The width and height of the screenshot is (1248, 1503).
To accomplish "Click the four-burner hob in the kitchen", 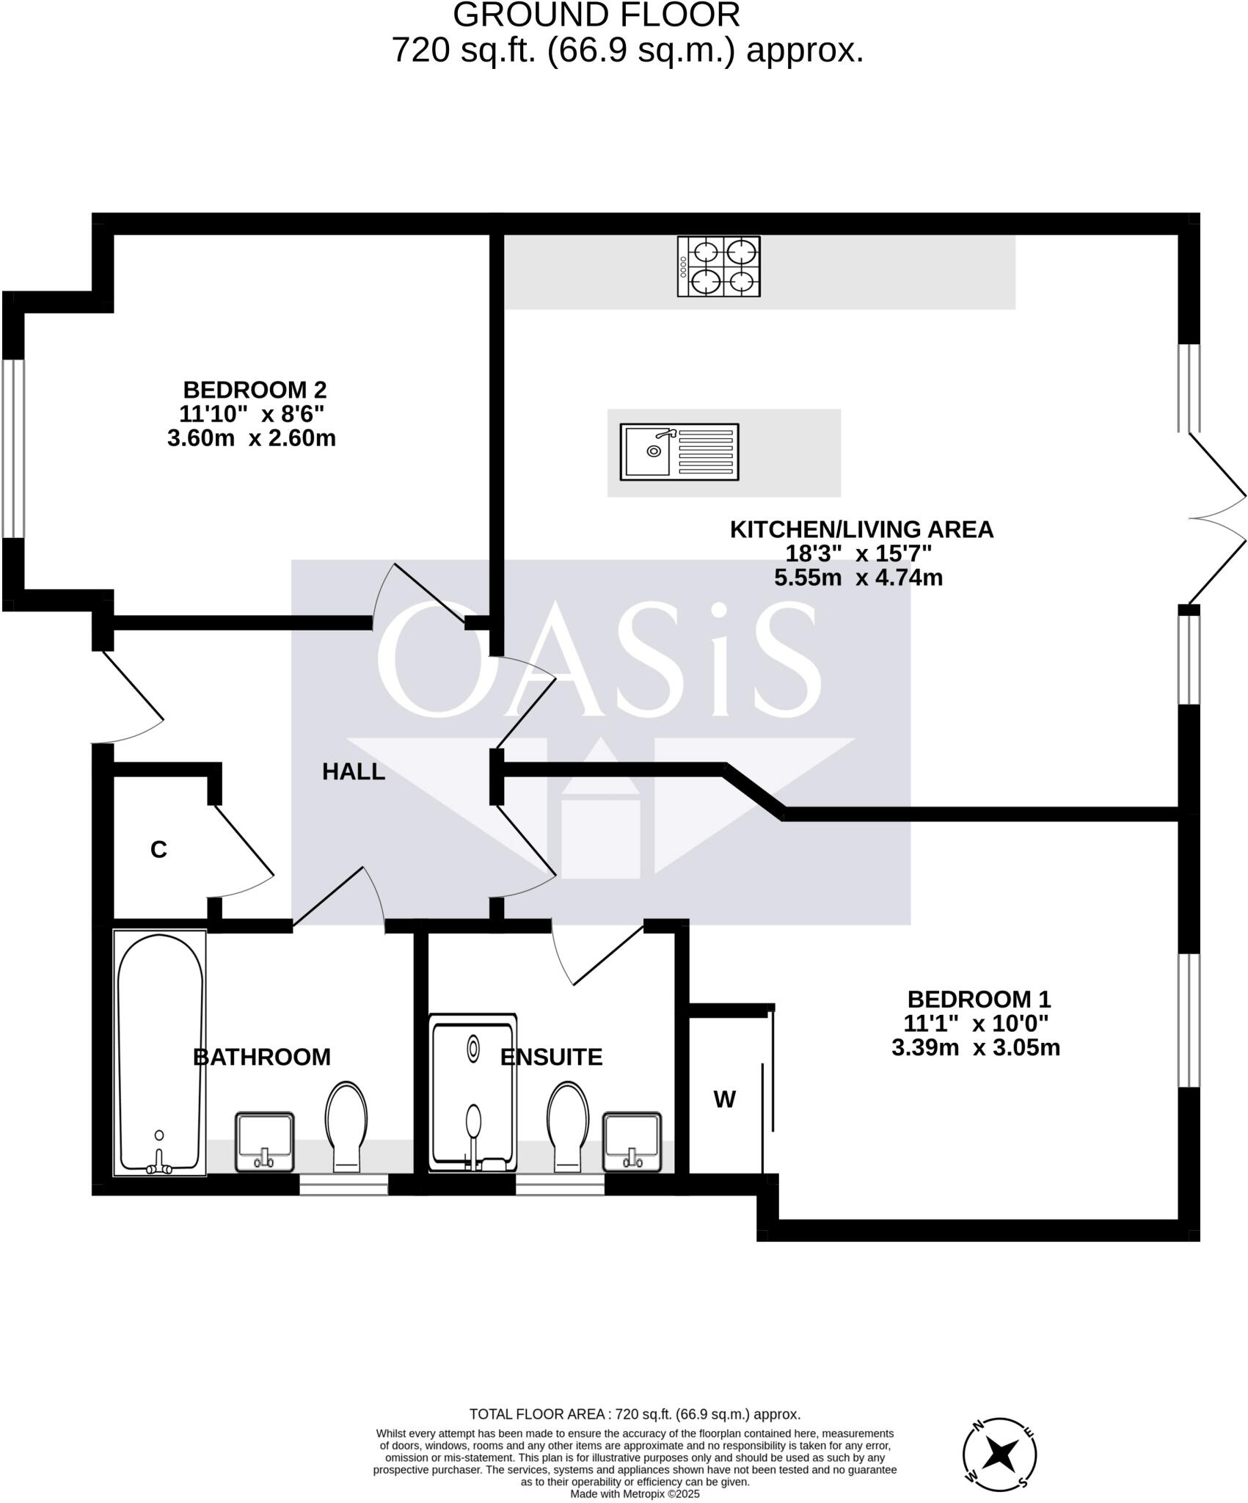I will pyautogui.click(x=718, y=266).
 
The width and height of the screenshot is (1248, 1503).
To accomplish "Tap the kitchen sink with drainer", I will pyautogui.click(x=679, y=452).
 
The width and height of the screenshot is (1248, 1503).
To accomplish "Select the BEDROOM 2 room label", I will pyautogui.click(x=254, y=390).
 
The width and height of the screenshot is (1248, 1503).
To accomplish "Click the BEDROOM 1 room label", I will pyautogui.click(x=979, y=1000).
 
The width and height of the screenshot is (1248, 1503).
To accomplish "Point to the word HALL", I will pyautogui.click(x=354, y=771).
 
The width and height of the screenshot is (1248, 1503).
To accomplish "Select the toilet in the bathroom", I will pyautogui.click(x=346, y=1126).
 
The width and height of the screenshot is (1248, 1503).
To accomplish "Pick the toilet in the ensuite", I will pyautogui.click(x=567, y=1126).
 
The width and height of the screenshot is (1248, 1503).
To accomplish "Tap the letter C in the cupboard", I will pyautogui.click(x=158, y=850).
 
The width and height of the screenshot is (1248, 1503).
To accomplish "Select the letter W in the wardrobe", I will pyautogui.click(x=724, y=1099).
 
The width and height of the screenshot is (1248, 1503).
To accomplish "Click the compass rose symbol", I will pyautogui.click(x=1000, y=1452).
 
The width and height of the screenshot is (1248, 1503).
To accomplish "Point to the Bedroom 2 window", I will pyautogui.click(x=13, y=448).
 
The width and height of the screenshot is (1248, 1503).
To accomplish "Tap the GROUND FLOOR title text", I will pyautogui.click(x=596, y=15).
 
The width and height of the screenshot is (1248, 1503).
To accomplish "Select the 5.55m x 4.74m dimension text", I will pyautogui.click(x=858, y=578).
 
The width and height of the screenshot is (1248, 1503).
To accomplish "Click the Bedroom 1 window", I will pyautogui.click(x=1189, y=1020).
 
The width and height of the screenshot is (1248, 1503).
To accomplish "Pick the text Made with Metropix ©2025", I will pyautogui.click(x=635, y=1493).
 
